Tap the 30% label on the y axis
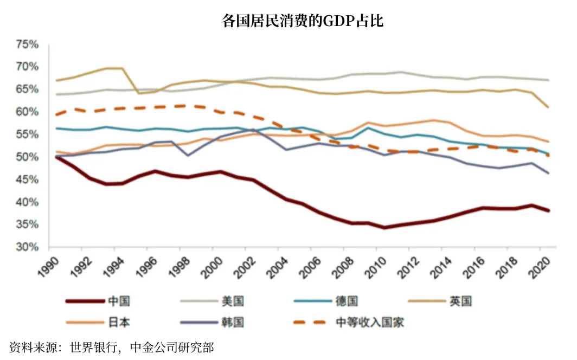(27, 247)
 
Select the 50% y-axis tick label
(27, 157)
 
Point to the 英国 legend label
(460, 301)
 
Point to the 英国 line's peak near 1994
(114, 68)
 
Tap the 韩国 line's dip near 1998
(188, 156)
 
